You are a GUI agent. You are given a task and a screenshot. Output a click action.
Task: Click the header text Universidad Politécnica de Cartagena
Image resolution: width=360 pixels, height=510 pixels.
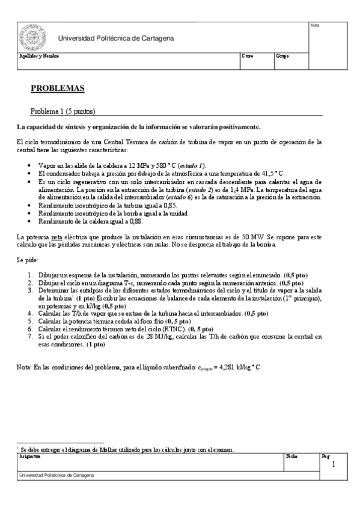click(116, 38)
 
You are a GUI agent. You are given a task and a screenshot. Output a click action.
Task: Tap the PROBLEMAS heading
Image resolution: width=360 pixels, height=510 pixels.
click(57, 88)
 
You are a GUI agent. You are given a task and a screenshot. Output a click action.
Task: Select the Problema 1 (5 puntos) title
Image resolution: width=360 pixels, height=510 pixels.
click(63, 111)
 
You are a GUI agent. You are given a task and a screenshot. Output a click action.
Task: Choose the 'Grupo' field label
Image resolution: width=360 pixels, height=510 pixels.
click(282, 56)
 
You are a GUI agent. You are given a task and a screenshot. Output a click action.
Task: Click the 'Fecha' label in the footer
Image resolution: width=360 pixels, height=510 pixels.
click(291, 456)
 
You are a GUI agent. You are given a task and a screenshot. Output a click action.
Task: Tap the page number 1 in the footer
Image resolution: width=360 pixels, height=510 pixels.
click(334, 465)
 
